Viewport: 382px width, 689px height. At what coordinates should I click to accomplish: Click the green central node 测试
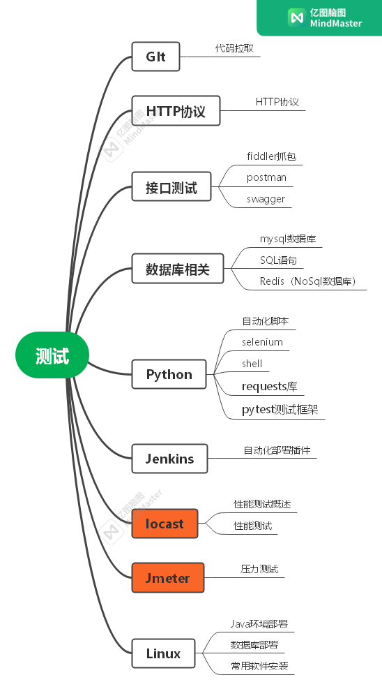52,355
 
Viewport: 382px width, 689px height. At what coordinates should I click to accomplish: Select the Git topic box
155,57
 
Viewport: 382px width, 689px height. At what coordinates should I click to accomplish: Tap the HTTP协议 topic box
176,111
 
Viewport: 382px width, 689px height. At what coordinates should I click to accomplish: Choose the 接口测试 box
171,187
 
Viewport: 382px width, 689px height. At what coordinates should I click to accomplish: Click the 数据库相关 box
178,269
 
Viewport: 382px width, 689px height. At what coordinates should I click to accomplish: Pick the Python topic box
169,374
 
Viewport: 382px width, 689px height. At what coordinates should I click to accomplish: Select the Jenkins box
169,459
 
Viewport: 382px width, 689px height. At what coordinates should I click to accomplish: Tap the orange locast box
165,524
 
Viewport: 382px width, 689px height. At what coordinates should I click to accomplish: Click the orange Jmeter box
168,577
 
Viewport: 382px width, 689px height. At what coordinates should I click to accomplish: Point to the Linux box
164,653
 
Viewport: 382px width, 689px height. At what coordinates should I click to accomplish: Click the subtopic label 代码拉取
234,48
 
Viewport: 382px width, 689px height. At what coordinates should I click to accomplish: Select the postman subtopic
267,177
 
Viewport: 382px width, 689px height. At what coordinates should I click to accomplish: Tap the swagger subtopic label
266,199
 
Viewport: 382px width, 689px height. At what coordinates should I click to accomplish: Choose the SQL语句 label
279,260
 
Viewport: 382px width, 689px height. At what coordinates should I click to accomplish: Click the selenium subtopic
262,342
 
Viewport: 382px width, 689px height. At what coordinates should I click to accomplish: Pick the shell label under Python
252,364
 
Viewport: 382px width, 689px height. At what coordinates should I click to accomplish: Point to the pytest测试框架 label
280,410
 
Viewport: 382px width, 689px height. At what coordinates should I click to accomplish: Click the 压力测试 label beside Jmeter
259,569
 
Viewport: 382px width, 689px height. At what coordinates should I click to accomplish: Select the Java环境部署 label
259,624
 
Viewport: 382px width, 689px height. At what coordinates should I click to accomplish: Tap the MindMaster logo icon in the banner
296,17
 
